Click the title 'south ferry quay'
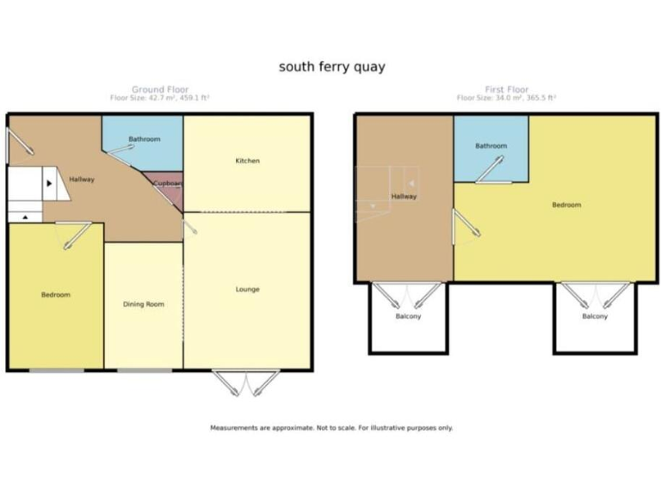[x=330, y=66]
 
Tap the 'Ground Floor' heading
[x=159, y=89]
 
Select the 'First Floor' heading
[x=506, y=89]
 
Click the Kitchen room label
[x=248, y=161]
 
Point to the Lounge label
[x=248, y=289]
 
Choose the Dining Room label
[x=143, y=304]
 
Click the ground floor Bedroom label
[x=56, y=295]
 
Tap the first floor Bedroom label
[x=566, y=205]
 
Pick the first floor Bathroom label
[x=491, y=146]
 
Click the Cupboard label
[x=167, y=183]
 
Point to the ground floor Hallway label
[x=83, y=179]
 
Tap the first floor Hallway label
[x=404, y=196]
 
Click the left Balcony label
[x=408, y=316]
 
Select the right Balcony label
[x=594, y=316]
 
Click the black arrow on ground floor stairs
[x=49, y=183]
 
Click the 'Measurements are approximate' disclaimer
[x=331, y=427]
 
